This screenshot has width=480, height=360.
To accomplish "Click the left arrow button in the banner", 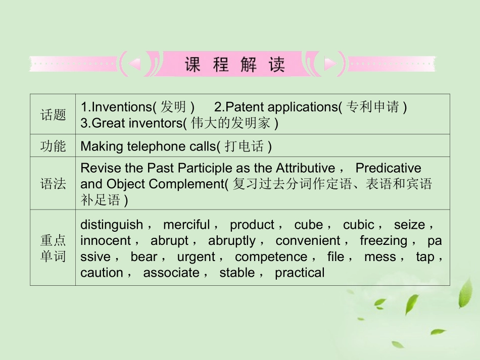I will click(x=134, y=64).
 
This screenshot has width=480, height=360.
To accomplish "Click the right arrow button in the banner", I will click(x=330, y=64).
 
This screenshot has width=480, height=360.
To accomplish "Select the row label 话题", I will click(x=53, y=115).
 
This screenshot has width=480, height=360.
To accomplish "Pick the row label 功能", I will click(x=53, y=146).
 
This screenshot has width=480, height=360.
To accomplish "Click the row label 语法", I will click(x=53, y=184).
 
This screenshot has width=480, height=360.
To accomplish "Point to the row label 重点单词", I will click(x=53, y=248).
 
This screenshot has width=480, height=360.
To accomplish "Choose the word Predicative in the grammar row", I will click(x=388, y=168).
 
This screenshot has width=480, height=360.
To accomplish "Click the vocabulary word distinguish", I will click(x=111, y=225).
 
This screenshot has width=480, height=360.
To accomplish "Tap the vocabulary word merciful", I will click(x=186, y=225).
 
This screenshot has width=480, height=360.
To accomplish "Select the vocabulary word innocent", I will click(x=105, y=240).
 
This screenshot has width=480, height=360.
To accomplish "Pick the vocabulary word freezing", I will click(x=383, y=240).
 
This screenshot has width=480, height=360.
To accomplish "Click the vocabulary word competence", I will click(x=271, y=256).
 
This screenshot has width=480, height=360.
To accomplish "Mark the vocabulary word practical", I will click(x=300, y=273).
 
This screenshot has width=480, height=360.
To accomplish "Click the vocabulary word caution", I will click(x=102, y=273).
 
